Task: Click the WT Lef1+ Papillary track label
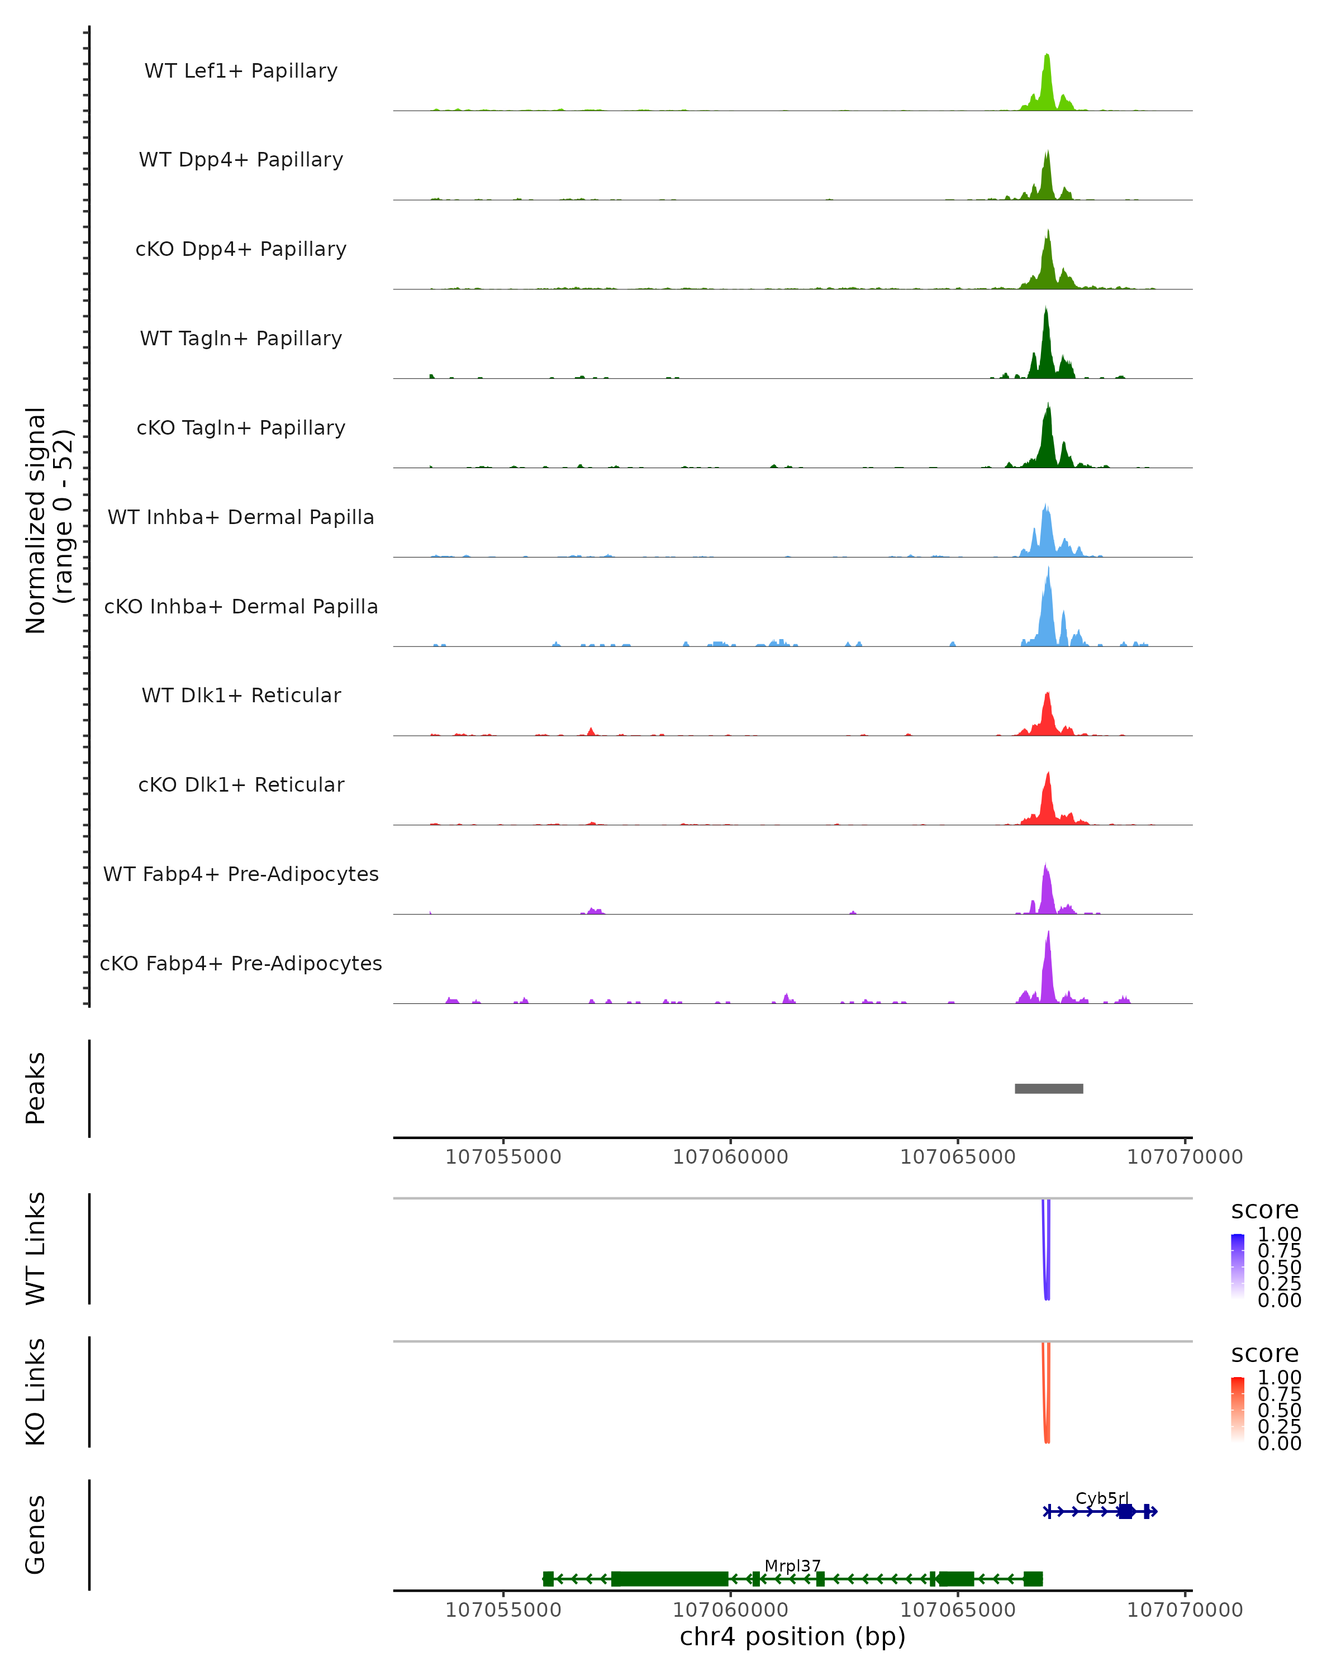[x=241, y=71]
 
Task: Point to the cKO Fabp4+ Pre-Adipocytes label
[x=241, y=963]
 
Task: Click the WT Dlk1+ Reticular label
[x=241, y=695]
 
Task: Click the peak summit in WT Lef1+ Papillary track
[x=1047, y=56]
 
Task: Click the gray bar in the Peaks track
[x=1049, y=1088]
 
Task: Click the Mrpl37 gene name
[x=792, y=1565]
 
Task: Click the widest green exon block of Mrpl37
[x=669, y=1579]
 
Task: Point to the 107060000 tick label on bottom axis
[x=730, y=1610]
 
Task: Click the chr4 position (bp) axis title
[x=792, y=1636]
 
